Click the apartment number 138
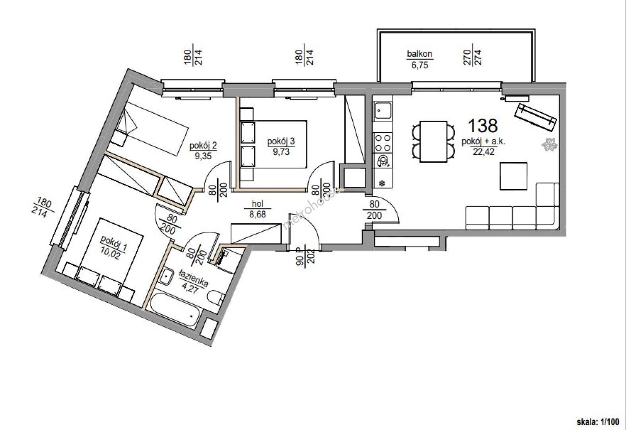[483, 125]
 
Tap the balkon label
[420, 53]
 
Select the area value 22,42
[484, 152]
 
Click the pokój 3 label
[281, 141]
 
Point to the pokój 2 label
[203, 145]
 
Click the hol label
[257, 203]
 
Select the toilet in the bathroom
[216, 298]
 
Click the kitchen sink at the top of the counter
[383, 110]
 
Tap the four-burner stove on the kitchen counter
[383, 143]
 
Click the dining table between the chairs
[433, 142]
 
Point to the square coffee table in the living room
[513, 176]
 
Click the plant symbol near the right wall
[549, 145]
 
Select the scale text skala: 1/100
[598, 421]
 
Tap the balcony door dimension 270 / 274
[472, 57]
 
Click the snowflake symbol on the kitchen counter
[381, 183]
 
